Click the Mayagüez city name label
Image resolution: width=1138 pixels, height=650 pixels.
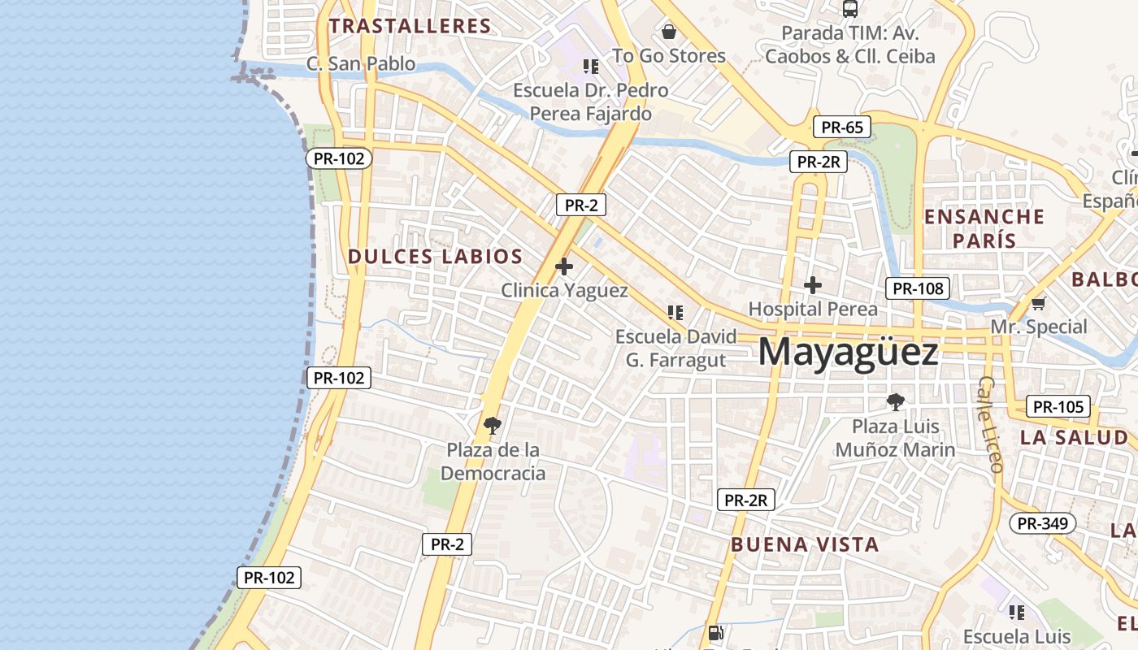coord(848,353)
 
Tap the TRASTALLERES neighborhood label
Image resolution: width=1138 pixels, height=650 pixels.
coord(410,26)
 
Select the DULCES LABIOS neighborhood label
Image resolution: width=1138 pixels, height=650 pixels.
coord(435,257)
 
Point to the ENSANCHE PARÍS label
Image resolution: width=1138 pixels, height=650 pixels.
coord(984,228)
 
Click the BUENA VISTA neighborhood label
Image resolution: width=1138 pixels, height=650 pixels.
coord(805,544)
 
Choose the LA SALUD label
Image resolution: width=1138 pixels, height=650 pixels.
coord(1074,437)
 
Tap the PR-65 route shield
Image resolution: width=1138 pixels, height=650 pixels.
coord(842,127)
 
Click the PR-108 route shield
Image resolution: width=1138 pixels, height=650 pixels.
coord(918,288)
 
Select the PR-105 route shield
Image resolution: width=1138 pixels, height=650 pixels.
coord(1058,406)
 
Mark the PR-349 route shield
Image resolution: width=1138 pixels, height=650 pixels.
coord(1043,523)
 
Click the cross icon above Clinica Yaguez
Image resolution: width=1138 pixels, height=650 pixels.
coord(564,266)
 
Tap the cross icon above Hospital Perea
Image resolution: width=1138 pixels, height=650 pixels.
coord(813,285)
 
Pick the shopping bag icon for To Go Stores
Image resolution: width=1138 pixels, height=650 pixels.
coord(669,32)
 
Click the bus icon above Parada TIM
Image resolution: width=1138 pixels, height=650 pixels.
coord(850,9)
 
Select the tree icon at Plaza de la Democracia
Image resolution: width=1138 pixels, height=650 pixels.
coord(492,425)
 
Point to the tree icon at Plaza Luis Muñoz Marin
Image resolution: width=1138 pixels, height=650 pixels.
coord(896,401)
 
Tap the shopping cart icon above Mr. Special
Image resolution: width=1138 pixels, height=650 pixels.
coord(1038,304)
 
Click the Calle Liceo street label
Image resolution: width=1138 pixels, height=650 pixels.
coord(991,423)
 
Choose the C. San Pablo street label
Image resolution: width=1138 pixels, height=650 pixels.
coord(361,63)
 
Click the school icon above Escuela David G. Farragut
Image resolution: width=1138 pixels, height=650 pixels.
coord(675,312)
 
